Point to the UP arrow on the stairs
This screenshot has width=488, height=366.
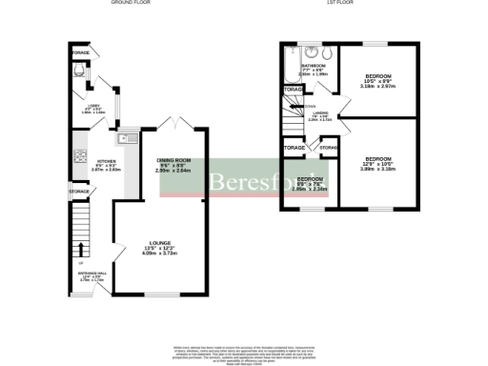(x=79, y=263)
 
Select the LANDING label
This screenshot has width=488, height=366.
(x=321, y=116)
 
